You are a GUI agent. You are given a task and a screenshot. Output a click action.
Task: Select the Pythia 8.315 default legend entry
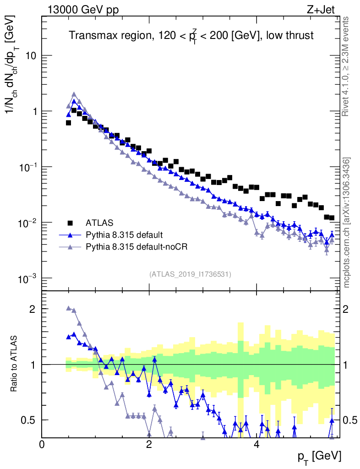pos(124,235)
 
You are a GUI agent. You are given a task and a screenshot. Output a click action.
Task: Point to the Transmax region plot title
pos(191,35)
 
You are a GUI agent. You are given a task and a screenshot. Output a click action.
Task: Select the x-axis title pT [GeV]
pos(320,456)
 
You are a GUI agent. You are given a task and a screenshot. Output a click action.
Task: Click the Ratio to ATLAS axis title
pos(15,365)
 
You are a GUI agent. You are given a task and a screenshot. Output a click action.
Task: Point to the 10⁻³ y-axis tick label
pos(27,278)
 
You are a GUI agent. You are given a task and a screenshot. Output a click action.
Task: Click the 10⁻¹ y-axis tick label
pos(27,167)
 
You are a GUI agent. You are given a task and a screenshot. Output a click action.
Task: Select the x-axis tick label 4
pos(256,444)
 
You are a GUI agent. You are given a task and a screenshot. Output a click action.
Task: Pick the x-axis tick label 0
pos(42,444)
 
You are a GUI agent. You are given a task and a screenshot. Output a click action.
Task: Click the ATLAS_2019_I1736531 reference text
pos(190,274)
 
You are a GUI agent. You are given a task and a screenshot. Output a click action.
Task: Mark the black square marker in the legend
pos(70,223)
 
